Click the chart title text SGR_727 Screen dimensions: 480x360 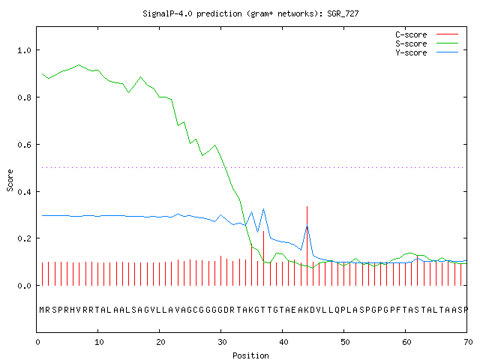343,13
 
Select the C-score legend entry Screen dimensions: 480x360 427,34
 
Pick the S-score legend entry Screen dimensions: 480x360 427,43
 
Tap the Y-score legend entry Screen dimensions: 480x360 427,52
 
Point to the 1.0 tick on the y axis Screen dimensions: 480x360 24,50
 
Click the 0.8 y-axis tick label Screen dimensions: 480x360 24,97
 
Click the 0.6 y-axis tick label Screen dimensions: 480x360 24,145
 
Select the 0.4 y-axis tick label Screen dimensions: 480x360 24,192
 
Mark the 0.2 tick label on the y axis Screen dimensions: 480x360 24,238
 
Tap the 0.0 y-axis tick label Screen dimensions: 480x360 24,286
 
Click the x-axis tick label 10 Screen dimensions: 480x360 99,342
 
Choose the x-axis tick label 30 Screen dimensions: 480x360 222,342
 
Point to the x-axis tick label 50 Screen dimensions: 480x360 345,342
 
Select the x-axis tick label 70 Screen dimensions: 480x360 468,342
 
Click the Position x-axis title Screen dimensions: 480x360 250,355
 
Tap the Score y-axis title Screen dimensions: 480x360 10,180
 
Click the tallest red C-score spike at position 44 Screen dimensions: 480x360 307,246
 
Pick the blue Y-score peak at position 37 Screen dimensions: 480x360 263,209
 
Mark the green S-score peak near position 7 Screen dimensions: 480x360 79,65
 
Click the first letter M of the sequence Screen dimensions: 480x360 42,310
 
